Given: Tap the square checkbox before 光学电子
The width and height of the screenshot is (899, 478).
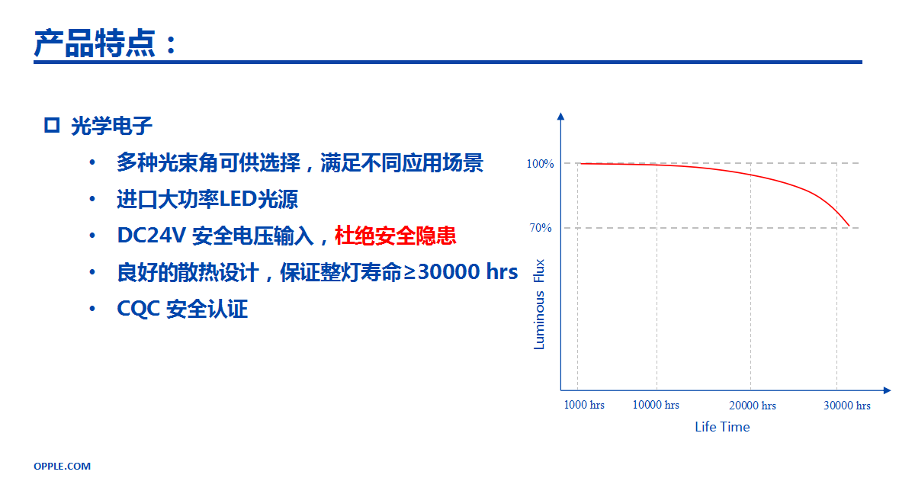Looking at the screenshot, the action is (52, 125).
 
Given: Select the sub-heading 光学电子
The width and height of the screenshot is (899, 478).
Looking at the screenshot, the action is (112, 126).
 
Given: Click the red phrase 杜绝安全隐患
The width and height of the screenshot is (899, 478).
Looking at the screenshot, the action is (396, 236).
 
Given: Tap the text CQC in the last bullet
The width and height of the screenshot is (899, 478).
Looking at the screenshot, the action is (138, 309).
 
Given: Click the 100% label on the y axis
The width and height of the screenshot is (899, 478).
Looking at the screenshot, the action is (540, 164).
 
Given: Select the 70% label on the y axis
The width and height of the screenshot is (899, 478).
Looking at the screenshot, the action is (541, 228).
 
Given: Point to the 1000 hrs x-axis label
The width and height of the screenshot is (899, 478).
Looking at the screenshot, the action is (584, 406).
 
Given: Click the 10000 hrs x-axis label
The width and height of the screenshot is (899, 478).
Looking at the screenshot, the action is (656, 406).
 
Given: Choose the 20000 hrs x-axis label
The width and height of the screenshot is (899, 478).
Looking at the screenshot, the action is (753, 406).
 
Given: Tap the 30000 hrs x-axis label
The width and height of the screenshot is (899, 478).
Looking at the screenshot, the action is (847, 406).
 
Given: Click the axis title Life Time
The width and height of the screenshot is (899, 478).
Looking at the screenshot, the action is (722, 427).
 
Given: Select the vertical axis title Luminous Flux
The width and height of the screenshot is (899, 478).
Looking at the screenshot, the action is (539, 304).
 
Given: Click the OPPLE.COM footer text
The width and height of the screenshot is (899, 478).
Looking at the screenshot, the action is (62, 466).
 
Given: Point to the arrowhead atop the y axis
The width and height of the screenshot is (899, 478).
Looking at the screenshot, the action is (560, 117).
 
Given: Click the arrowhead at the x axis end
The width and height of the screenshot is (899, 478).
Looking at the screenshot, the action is (888, 390).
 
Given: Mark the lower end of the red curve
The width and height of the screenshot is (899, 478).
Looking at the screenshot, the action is (849, 226).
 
